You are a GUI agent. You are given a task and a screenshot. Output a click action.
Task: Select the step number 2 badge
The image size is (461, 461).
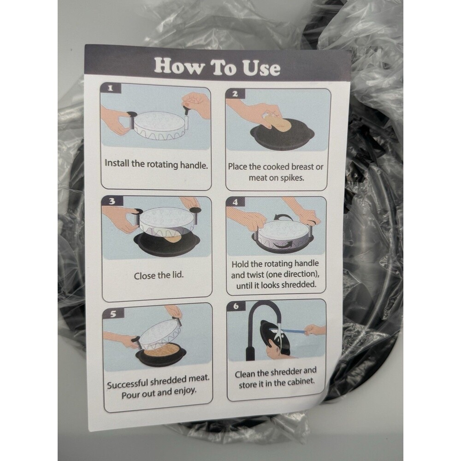pos(235,94)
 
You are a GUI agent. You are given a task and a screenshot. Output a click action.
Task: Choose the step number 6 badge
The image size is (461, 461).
pos(236,306)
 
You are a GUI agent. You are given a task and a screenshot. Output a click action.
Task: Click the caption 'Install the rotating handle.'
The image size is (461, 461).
pos(156,164)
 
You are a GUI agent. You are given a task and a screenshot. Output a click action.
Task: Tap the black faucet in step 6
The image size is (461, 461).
pos(253,323)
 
